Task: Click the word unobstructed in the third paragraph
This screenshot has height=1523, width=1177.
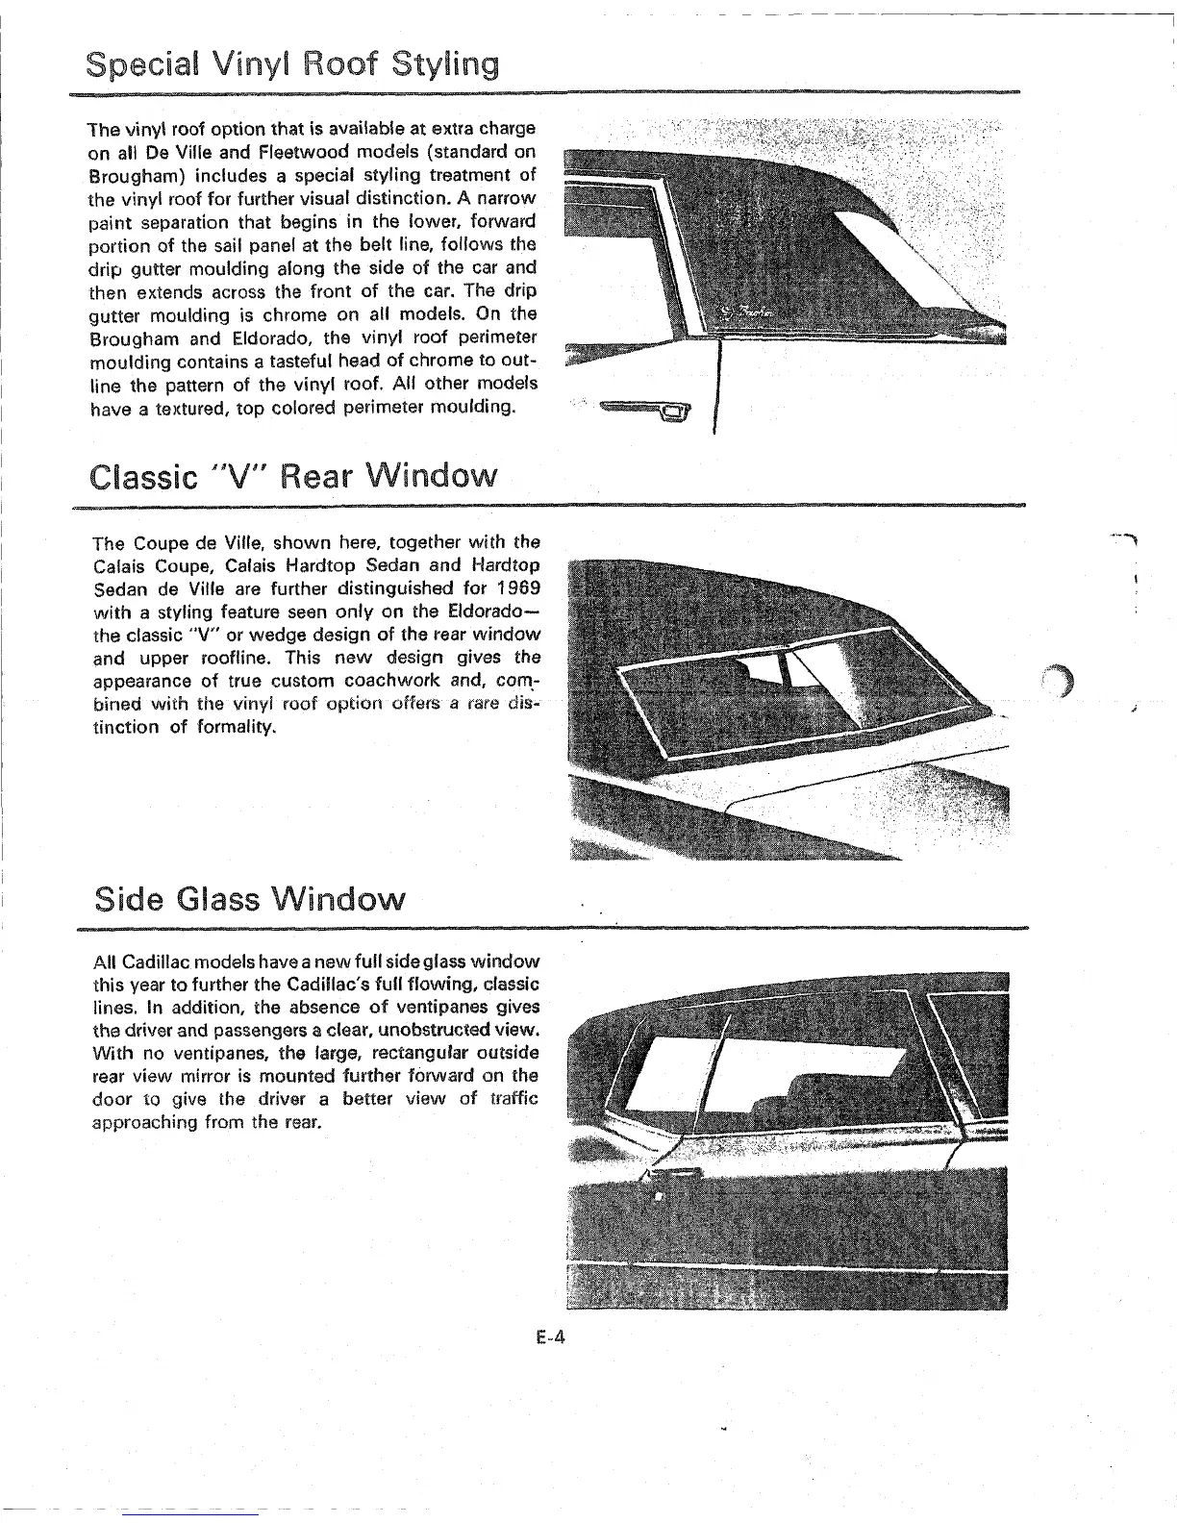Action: point(425,1030)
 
